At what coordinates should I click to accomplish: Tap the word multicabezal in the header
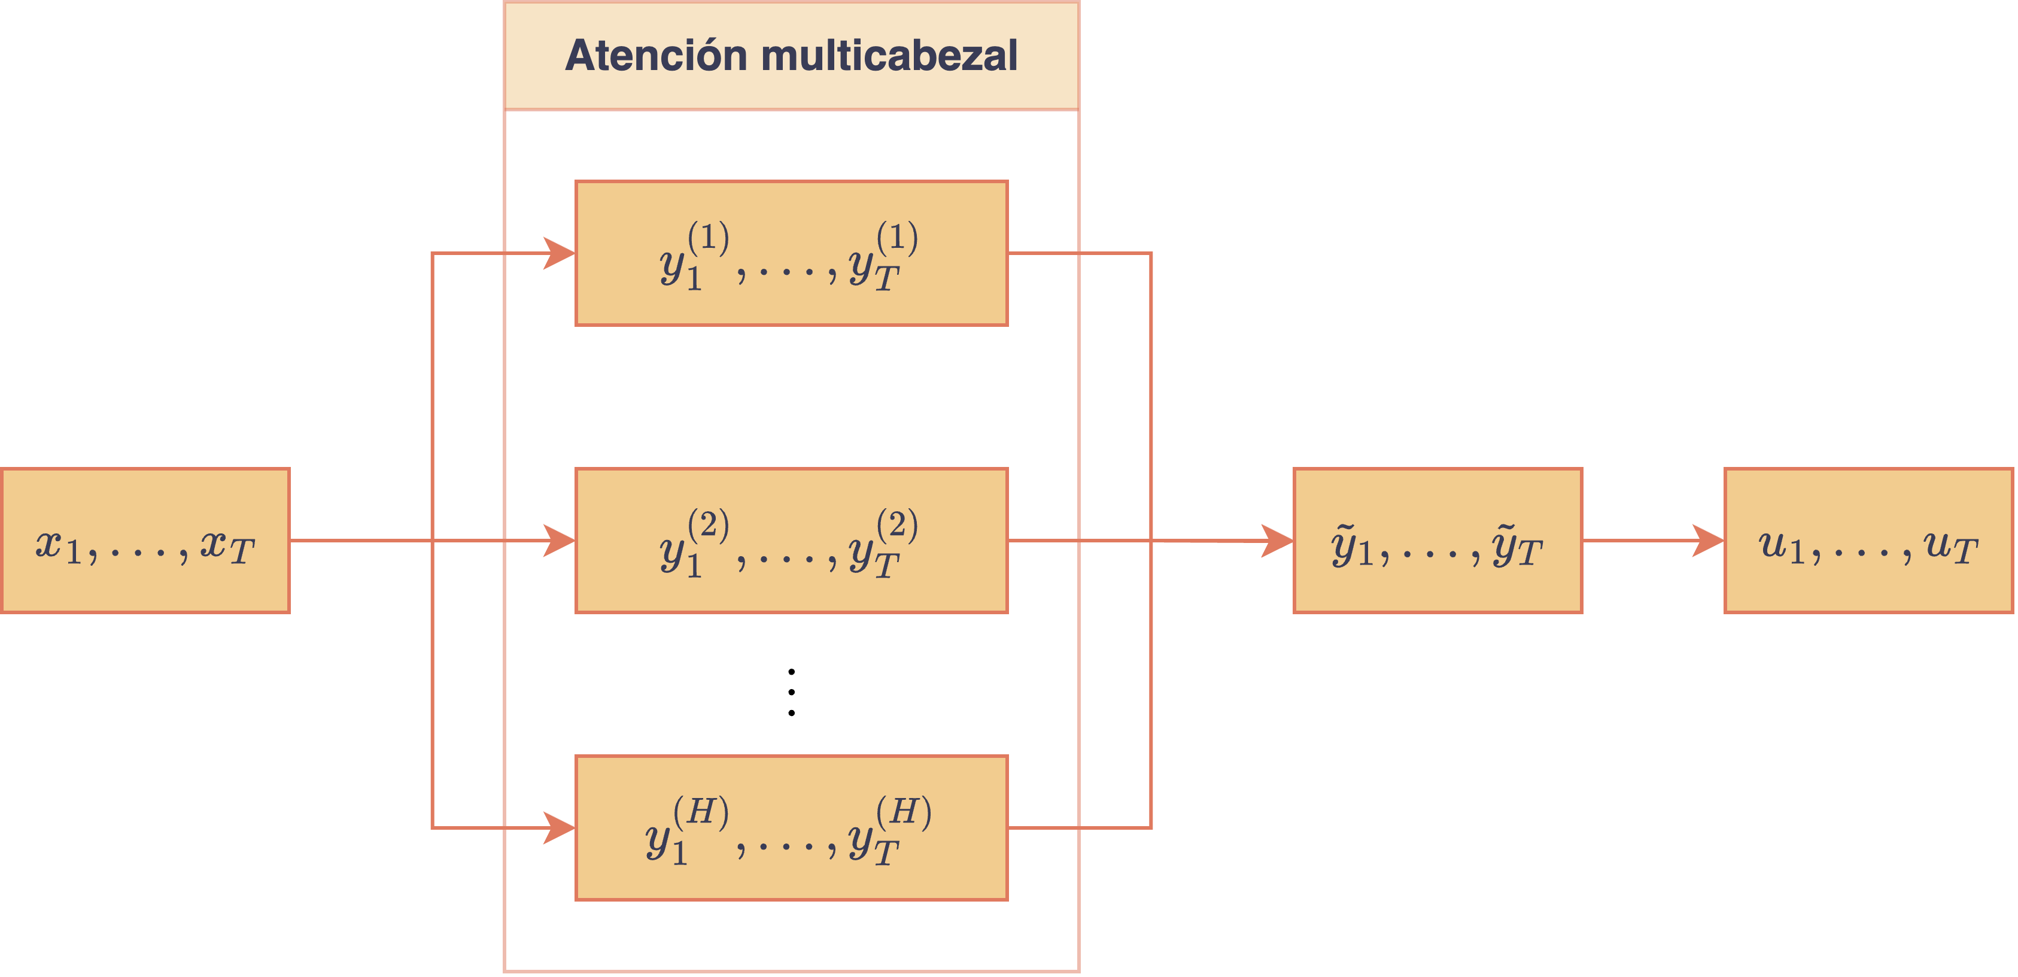(889, 56)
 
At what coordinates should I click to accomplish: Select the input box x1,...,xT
(145, 541)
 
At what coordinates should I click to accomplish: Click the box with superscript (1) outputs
(791, 253)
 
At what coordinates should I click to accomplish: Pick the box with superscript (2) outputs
(791, 541)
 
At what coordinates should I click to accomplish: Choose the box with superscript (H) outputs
(791, 828)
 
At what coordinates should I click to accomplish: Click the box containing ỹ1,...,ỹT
(1437, 541)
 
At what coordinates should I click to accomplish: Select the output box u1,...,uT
(1868, 541)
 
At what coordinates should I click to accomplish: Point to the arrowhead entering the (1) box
(560, 253)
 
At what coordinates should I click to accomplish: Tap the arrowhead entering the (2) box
(560, 541)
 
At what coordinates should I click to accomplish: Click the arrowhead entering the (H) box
(560, 828)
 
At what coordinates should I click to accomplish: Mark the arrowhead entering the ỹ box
(1278, 541)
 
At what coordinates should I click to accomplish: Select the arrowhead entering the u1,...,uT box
(1709, 541)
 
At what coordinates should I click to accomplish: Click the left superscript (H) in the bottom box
(701, 812)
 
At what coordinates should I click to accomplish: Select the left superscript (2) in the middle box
(708, 524)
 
